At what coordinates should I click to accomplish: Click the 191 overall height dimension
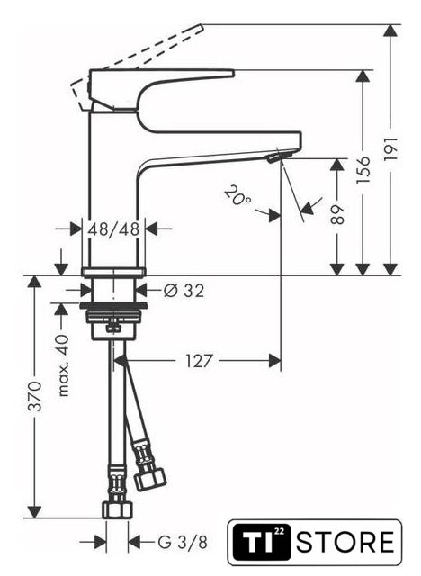pyautogui.click(x=391, y=148)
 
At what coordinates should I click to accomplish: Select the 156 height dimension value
pyautogui.click(x=363, y=170)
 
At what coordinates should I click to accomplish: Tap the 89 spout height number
pyautogui.click(x=337, y=214)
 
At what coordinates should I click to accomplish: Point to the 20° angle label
pyautogui.click(x=237, y=196)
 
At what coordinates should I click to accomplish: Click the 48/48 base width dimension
pyautogui.click(x=113, y=229)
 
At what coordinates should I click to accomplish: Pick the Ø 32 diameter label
pyautogui.click(x=184, y=291)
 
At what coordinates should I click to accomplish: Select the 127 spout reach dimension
pyautogui.click(x=199, y=361)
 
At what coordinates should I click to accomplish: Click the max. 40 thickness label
pyautogui.click(x=63, y=365)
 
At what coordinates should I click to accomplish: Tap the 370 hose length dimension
pyautogui.click(x=35, y=396)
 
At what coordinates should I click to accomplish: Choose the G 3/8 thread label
pyautogui.click(x=183, y=542)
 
